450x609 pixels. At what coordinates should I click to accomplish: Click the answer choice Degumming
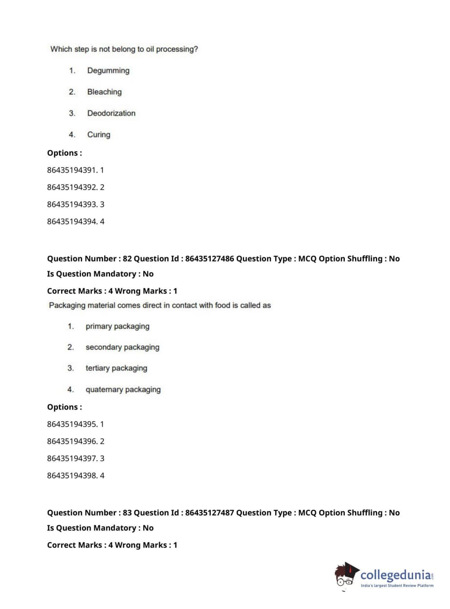tap(108, 71)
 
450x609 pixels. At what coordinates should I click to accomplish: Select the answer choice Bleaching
tap(104, 92)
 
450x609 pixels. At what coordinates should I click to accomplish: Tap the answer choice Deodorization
tap(111, 113)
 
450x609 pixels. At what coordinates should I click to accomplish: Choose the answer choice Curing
tap(98, 135)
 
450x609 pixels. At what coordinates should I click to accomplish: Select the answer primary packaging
tap(117, 327)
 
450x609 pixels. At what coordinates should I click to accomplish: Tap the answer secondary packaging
tap(122, 347)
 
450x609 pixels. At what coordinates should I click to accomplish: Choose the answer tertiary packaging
tap(116, 368)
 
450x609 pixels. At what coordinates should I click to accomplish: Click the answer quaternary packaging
tap(123, 389)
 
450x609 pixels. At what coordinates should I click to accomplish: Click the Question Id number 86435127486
tap(209, 259)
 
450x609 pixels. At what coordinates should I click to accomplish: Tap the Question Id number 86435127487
tap(209, 513)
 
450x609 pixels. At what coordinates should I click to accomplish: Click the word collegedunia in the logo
tap(395, 575)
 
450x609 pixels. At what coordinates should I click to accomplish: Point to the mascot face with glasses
tap(345, 577)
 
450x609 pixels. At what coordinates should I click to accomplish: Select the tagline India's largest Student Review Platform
tap(397, 586)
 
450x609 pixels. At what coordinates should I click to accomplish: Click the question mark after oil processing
tap(196, 49)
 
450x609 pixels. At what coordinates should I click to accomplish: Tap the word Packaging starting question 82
tap(67, 305)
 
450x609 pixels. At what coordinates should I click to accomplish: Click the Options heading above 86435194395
tap(64, 407)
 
